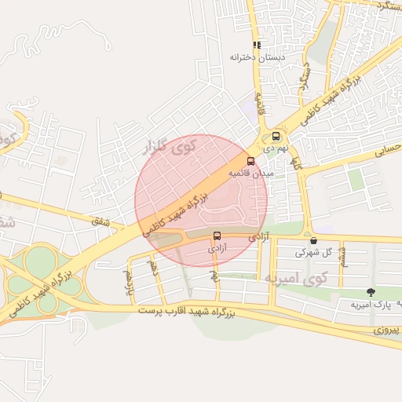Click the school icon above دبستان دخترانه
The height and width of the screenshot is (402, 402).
256,46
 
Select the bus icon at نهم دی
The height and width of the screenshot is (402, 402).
276,136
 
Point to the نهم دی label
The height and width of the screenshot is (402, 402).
276,147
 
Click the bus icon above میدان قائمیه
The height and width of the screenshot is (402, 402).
251,161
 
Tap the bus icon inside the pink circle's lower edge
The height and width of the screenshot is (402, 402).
217,235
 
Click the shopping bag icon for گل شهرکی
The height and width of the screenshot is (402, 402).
314,240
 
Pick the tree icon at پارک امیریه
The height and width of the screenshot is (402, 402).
371,292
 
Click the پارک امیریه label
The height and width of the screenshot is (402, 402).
371,304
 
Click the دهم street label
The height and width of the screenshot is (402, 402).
155,269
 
